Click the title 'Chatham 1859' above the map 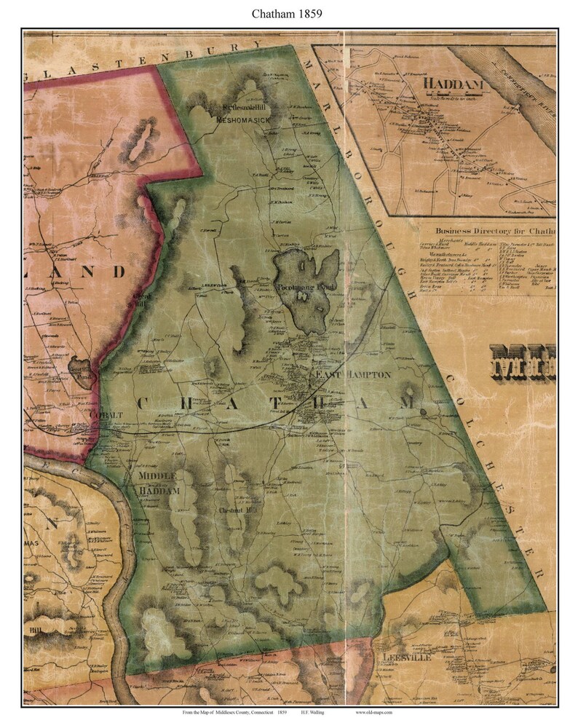[x=289, y=12]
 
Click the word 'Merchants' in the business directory [x=443, y=239]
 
